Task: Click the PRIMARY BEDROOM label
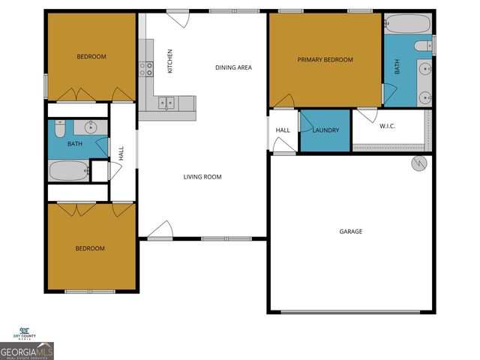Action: [325, 60]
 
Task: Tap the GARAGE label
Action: [350, 232]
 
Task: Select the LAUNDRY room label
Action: [325, 130]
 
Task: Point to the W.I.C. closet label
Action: [387, 126]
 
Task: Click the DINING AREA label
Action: [233, 67]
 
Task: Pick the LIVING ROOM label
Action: [202, 177]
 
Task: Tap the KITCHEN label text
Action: [170, 61]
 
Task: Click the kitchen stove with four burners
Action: [145, 69]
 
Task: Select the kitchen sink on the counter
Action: [166, 103]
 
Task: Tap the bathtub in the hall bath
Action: [68, 171]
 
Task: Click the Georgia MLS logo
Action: [27, 351]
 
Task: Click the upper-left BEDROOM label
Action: [91, 57]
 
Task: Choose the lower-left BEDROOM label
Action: [90, 248]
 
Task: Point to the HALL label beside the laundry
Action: [283, 130]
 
